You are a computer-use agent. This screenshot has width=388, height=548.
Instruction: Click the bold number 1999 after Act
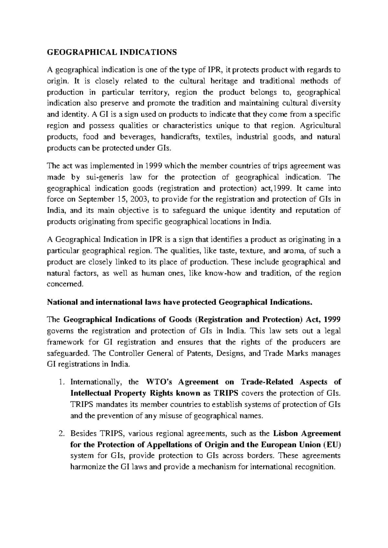point(331,320)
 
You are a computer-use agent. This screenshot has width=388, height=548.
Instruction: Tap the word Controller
point(127,353)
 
